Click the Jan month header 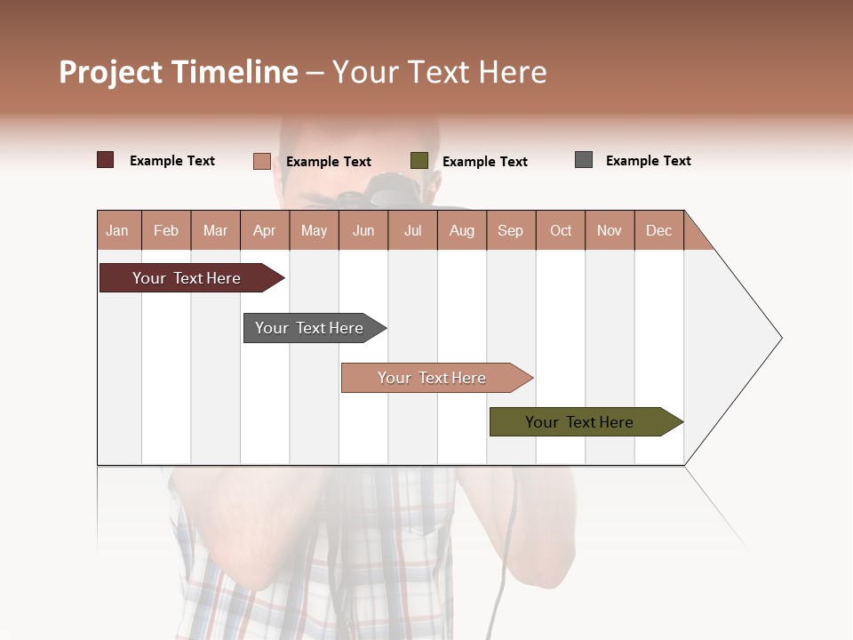coord(118,230)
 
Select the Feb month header coord(166,230)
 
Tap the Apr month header coord(264,230)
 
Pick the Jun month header coord(363,230)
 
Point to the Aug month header coord(461,230)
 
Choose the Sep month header coord(510,230)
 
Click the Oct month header coord(561,230)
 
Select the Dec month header coord(658,230)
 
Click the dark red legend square coord(106,160)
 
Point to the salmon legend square coord(262,161)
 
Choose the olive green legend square coord(419,161)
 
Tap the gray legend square coord(584,160)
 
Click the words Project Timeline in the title coord(179,72)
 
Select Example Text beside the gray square coord(648,161)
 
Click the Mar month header coord(215,230)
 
